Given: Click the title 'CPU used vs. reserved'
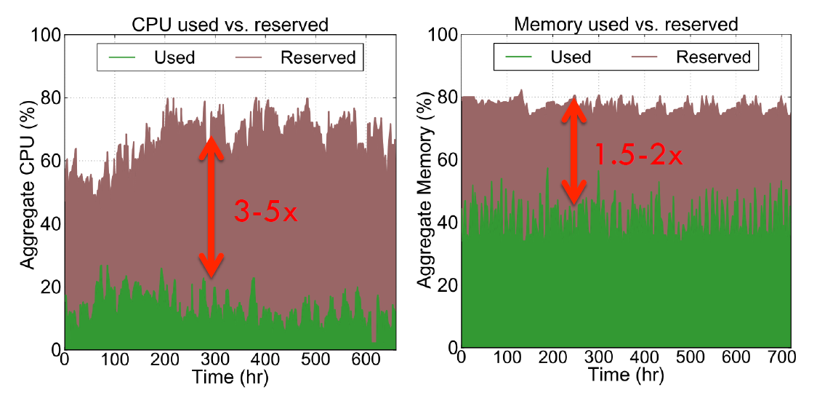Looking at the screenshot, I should pyautogui.click(x=230, y=24).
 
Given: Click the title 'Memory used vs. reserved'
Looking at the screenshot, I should pyautogui.click(x=626, y=24).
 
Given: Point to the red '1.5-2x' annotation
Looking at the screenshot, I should pyautogui.click(x=639, y=155).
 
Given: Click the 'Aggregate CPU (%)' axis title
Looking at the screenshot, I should pyautogui.click(x=28, y=192).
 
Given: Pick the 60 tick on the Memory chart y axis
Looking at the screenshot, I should pyautogui.click(x=446, y=160).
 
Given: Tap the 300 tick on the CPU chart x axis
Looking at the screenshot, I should pyautogui.click(x=214, y=359).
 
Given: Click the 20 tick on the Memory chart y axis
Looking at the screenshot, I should pyautogui.click(x=446, y=285).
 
